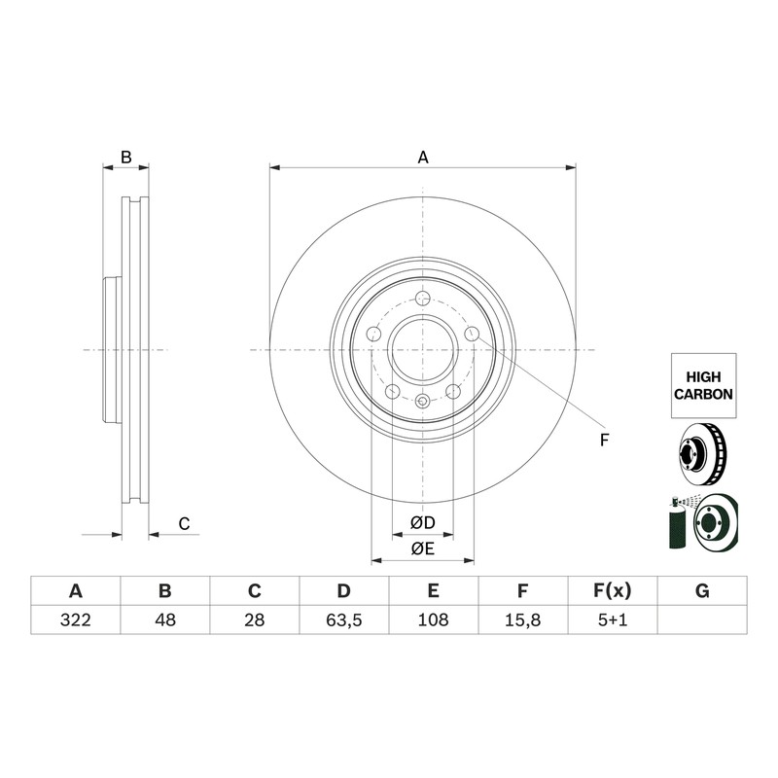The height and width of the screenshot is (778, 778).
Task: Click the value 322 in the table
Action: [x=76, y=619]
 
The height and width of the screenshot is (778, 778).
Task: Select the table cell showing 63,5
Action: [x=344, y=619]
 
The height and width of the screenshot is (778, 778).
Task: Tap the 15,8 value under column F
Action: [x=522, y=619]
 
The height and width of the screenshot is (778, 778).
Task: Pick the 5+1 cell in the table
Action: [x=613, y=619]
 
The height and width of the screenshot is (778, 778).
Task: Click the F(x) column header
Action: [x=613, y=591]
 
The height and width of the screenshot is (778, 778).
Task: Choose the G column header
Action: [x=702, y=591]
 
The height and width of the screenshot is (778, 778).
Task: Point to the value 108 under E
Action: [x=433, y=619]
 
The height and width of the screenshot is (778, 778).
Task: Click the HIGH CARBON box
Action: [x=703, y=385]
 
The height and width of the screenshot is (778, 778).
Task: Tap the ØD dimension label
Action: [x=423, y=522]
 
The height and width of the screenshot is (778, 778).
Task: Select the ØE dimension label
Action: [x=423, y=548]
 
